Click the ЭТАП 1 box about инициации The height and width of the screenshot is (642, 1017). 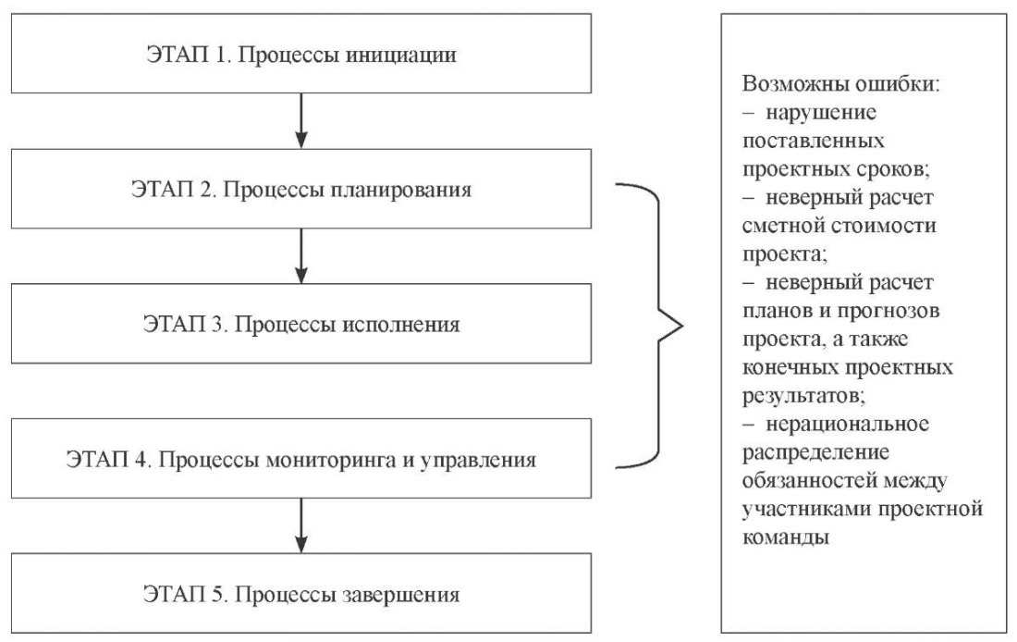(301, 54)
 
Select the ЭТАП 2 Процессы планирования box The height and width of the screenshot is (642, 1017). (301, 188)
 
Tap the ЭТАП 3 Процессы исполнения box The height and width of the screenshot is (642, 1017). (301, 323)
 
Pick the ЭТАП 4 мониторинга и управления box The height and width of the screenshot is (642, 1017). (301, 458)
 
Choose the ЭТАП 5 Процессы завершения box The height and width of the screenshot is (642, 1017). (301, 593)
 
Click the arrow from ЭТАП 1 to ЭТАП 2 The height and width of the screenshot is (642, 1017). (301, 121)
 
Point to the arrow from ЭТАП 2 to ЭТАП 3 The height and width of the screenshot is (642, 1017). (301, 255)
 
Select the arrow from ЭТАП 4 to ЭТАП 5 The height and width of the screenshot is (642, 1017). (301, 525)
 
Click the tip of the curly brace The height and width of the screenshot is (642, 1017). (683, 326)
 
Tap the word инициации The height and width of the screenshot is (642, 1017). (401, 55)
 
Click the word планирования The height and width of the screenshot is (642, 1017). (401, 191)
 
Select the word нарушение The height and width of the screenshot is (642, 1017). (821, 113)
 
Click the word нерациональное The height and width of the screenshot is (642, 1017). (848, 425)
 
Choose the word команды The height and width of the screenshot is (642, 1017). (786, 538)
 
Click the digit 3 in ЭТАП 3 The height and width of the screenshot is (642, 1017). (217, 324)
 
